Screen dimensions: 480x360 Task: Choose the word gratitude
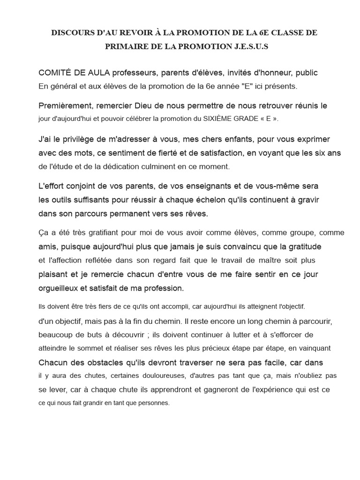[305, 247]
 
